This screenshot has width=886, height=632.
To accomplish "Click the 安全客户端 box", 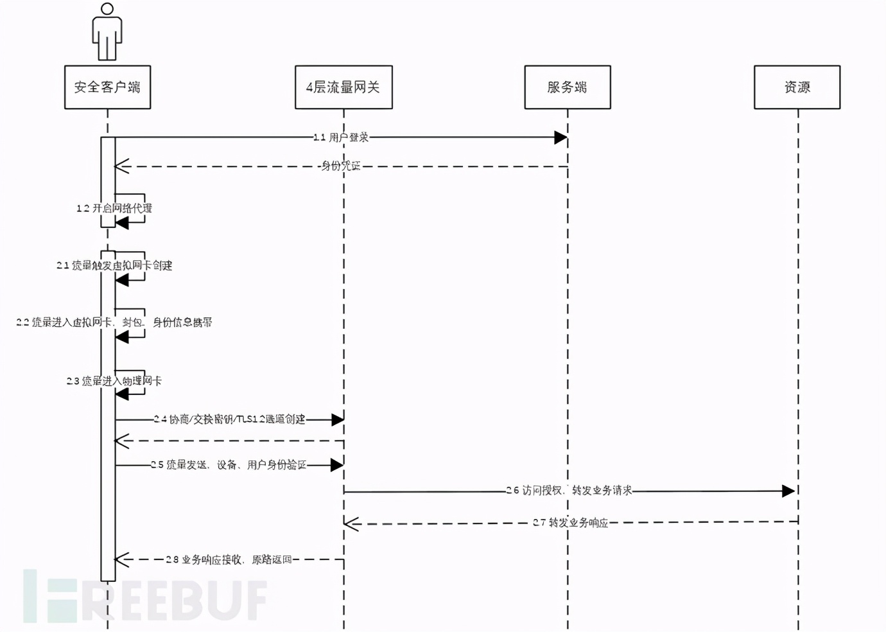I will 107,87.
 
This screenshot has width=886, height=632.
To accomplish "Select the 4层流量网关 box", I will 343,87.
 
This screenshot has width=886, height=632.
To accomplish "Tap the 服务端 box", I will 567,87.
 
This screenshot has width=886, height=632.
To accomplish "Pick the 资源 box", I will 797,87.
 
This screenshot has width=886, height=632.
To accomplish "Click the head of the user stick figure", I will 107,9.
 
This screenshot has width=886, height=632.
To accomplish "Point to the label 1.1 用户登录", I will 341,137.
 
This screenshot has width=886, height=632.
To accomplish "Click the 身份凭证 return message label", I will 341,166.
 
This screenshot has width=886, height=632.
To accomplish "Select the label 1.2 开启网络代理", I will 114,208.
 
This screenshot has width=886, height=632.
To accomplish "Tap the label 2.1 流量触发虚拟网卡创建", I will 114,265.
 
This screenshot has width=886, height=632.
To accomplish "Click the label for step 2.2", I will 114,322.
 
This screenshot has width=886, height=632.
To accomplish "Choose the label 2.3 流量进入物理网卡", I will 114,381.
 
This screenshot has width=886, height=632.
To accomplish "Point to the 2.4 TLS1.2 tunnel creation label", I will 230,419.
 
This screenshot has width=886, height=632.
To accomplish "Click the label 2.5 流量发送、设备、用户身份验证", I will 229,465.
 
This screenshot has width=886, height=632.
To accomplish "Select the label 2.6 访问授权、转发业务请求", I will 569,491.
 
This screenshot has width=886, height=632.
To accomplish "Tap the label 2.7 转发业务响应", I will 570,523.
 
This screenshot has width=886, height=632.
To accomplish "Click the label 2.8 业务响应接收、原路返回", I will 229,559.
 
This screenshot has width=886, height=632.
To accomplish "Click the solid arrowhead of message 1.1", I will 560,137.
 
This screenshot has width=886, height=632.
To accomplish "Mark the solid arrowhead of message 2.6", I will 788,491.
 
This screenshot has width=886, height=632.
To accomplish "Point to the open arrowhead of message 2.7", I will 351,524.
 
